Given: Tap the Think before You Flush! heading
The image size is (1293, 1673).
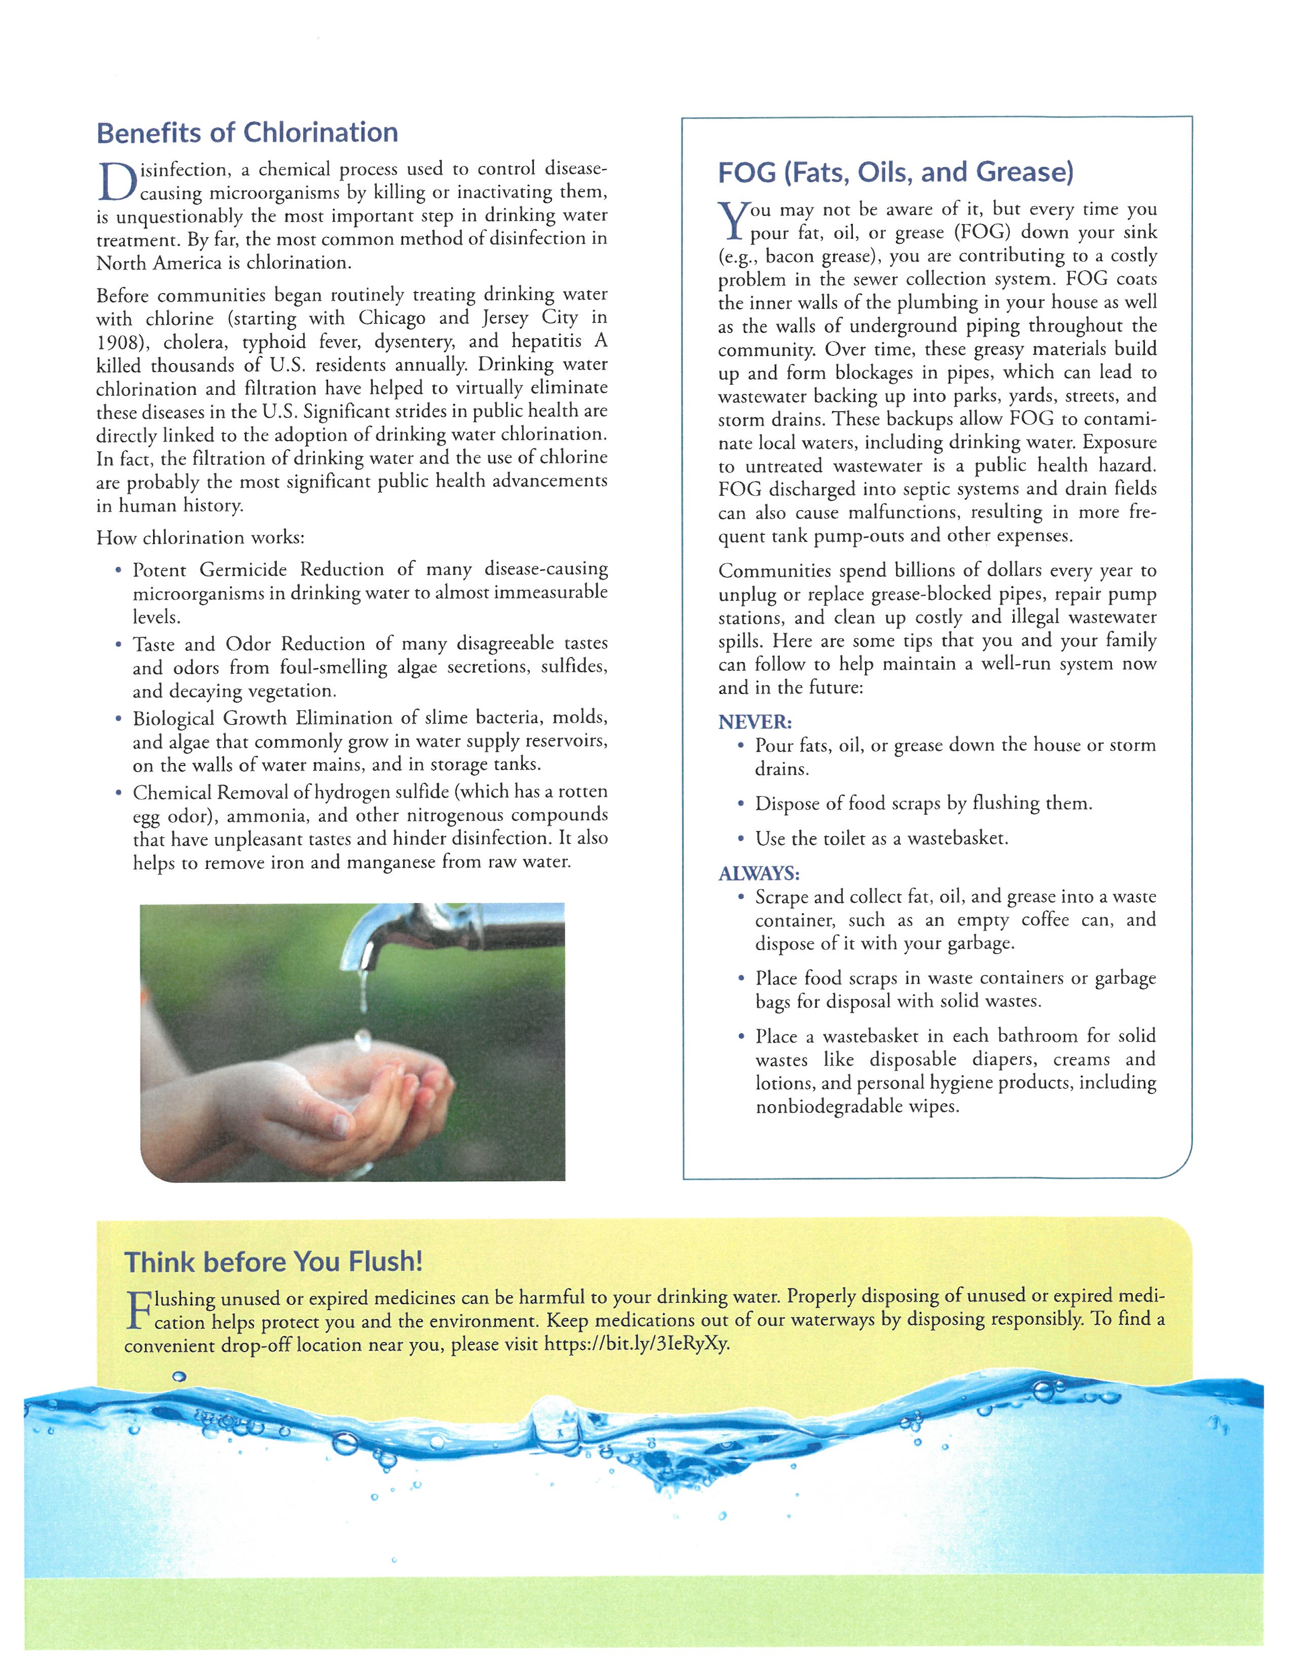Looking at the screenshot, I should [x=273, y=1262].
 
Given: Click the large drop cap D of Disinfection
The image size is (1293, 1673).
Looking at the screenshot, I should [x=117, y=181].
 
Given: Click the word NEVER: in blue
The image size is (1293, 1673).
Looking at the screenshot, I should [x=755, y=721].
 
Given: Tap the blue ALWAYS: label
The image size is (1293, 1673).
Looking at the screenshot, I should [x=759, y=874].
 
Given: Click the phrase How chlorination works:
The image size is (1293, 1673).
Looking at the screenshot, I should [x=200, y=538].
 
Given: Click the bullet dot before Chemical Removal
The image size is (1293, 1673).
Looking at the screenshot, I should [x=118, y=793].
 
